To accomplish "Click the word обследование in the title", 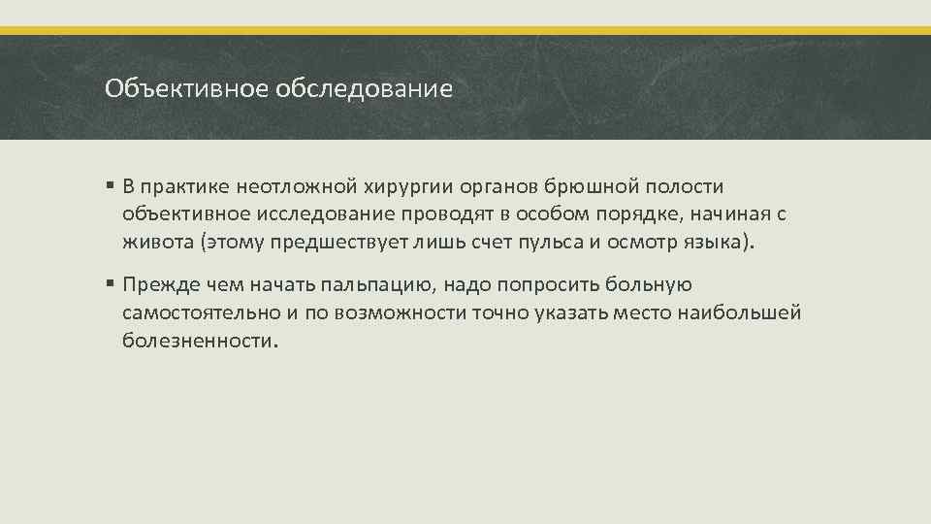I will [x=364, y=90].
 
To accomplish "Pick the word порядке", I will [x=659, y=214].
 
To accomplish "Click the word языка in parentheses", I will [x=718, y=243].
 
